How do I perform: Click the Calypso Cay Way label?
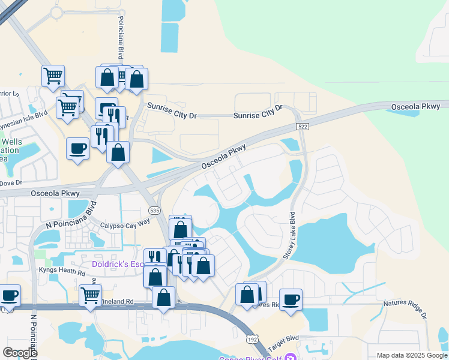(125, 223)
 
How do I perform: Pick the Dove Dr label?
(11, 182)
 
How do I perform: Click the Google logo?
(20, 353)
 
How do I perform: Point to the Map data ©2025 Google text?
(412, 355)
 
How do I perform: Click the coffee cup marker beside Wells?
(78, 148)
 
